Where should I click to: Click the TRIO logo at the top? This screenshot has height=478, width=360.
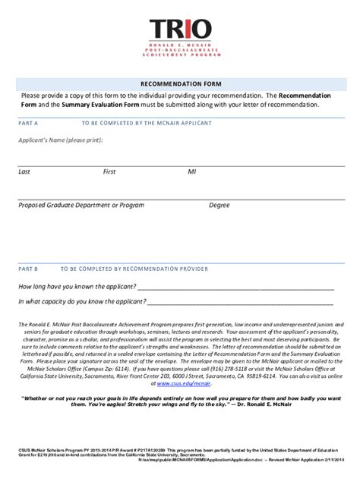[180, 31]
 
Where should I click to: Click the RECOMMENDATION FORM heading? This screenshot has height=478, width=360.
[180, 82]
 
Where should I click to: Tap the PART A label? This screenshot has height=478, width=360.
[28, 121]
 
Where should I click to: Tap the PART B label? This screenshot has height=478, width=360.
[28, 268]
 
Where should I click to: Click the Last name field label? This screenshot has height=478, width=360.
[25, 171]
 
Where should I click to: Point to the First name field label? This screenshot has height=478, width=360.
[109, 171]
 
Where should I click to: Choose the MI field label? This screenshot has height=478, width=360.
[192, 171]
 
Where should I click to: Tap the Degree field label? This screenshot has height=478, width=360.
[219, 205]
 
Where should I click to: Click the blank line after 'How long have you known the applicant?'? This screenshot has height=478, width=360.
[235, 288]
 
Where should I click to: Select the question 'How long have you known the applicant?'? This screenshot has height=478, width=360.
[77, 286]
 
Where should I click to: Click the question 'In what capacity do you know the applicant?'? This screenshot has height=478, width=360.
[83, 301]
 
